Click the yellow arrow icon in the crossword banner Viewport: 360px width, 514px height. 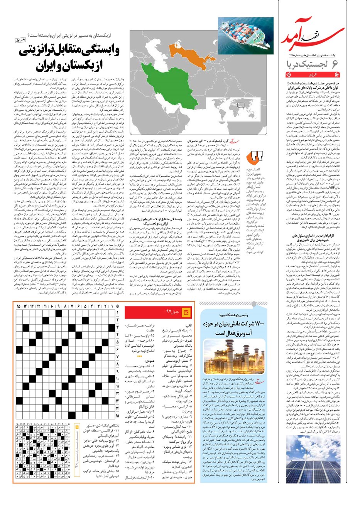(187, 311)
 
